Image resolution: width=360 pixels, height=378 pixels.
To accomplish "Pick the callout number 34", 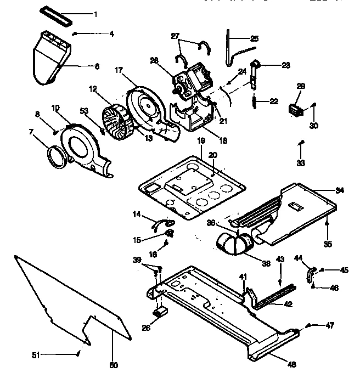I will [340, 190].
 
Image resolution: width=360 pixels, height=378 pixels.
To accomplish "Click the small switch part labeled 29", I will [297, 109].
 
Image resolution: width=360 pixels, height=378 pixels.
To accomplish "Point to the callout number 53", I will [85, 111].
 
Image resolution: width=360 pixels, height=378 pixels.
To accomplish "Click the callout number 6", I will [97, 66].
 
